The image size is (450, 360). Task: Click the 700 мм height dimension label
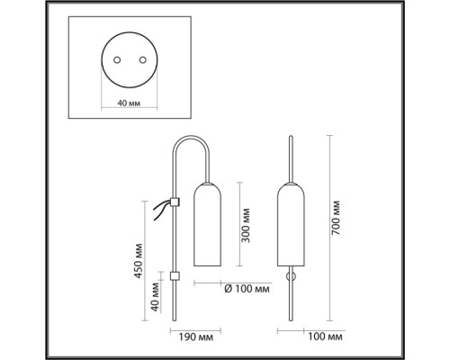click(x=337, y=218)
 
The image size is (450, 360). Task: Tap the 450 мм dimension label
click(x=138, y=261)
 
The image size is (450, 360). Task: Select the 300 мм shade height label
click(x=246, y=226)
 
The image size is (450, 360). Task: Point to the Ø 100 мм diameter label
click(x=247, y=289)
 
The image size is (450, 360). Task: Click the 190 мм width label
click(x=196, y=337)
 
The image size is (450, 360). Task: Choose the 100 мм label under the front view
click(x=325, y=337)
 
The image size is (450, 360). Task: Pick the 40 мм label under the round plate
click(x=129, y=103)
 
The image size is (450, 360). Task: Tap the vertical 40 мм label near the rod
click(x=155, y=297)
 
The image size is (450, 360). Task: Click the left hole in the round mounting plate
click(x=117, y=60)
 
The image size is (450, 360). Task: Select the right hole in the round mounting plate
click(x=143, y=60)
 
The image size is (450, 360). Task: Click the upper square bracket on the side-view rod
click(x=174, y=202)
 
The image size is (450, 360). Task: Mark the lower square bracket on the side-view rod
click(x=175, y=276)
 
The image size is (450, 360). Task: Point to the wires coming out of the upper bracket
click(x=161, y=210)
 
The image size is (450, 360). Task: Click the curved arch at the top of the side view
click(x=191, y=137)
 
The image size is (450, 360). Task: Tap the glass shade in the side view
click(x=208, y=224)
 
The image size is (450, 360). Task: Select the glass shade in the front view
click(x=291, y=224)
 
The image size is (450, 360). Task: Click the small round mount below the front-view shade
click(x=291, y=276)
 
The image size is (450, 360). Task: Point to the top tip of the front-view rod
click(x=291, y=137)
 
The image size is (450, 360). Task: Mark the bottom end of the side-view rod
click(x=174, y=320)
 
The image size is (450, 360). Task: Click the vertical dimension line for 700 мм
click(x=329, y=228)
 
